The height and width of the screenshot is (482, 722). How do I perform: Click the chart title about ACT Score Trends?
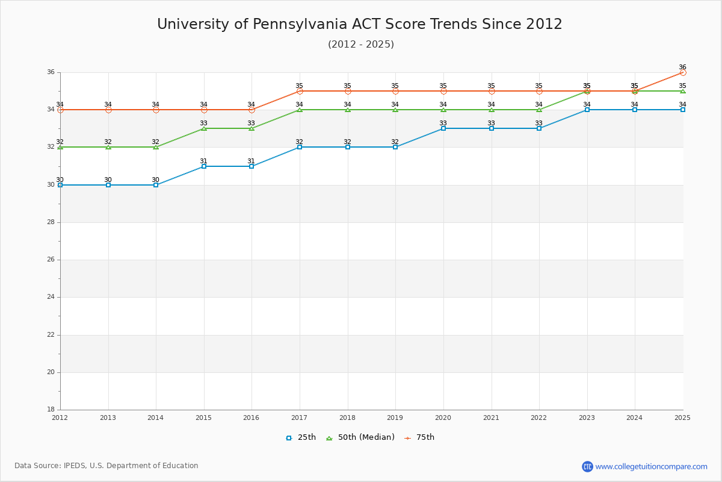pos(360,24)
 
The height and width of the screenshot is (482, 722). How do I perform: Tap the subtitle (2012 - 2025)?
pos(361,45)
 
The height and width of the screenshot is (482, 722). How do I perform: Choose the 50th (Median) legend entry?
pos(360,437)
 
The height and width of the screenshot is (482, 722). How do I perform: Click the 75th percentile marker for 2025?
pos(683,72)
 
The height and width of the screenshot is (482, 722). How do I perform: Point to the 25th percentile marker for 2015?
pos(204,166)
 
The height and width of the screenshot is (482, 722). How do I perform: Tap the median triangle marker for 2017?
pos(300,110)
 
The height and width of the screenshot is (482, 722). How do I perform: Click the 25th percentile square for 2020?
pos(443,128)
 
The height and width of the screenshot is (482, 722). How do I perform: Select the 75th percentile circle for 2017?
pos(300,91)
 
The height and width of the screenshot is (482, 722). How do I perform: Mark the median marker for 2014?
pos(156,147)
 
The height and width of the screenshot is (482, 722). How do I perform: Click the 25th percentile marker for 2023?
pos(587,110)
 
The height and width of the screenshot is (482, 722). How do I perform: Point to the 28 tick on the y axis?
pos(51,222)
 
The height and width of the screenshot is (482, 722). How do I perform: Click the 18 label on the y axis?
pos(51,410)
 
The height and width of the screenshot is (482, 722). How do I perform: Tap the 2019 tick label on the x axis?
pos(395,418)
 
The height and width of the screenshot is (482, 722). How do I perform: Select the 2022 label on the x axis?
pos(539,418)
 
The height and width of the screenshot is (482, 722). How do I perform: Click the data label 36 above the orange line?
pos(682,67)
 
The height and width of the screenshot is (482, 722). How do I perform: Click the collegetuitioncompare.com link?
pos(651,466)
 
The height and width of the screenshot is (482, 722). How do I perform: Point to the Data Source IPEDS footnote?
pos(106,466)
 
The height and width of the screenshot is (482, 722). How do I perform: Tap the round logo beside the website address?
pos(587,466)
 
